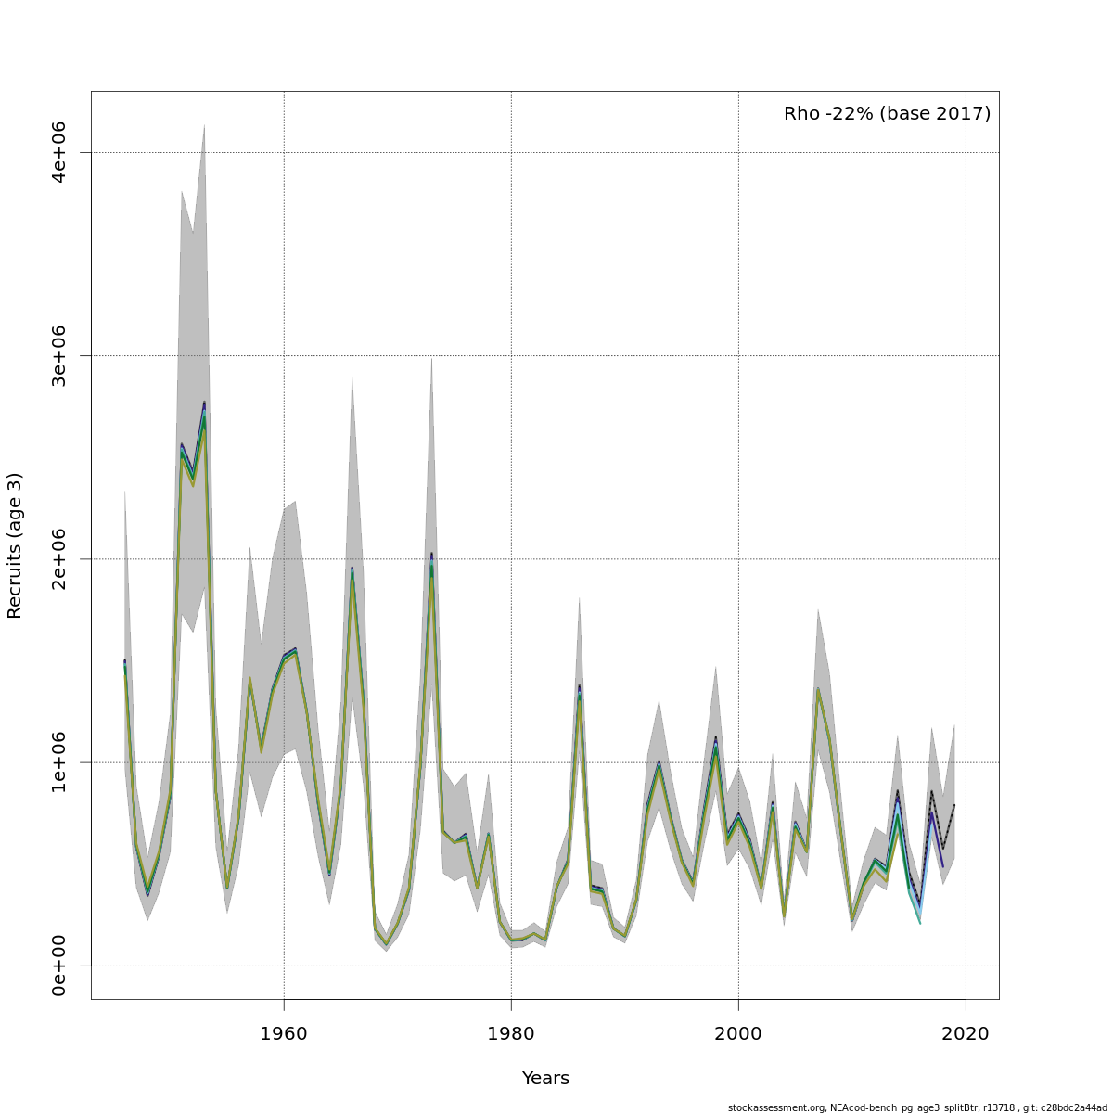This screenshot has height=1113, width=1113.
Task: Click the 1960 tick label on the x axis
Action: [284, 1034]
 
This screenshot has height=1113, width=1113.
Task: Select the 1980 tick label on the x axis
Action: [511, 1034]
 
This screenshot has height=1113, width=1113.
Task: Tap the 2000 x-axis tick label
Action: [738, 1034]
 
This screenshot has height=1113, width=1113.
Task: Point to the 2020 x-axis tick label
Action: [966, 1034]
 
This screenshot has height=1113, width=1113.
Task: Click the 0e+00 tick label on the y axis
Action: [58, 966]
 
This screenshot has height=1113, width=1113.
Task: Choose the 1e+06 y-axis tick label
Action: [58, 762]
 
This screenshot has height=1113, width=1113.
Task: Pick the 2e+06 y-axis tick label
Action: [58, 559]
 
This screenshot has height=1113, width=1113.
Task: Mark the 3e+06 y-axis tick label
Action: [58, 356]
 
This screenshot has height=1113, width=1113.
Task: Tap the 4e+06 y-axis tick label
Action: [58, 152]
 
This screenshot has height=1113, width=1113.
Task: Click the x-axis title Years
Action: [545, 1079]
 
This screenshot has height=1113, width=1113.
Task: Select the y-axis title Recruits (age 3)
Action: [15, 545]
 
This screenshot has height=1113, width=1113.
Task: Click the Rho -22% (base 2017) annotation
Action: [887, 114]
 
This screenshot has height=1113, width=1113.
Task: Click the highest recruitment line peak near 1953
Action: [204, 404]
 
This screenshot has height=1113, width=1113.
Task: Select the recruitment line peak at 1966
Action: [352, 569]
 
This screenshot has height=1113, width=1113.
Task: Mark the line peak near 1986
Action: [579, 688]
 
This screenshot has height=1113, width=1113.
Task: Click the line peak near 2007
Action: [818, 689]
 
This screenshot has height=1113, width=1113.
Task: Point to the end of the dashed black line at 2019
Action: [954, 805]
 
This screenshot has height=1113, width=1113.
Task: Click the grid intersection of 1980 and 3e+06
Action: [511, 356]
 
